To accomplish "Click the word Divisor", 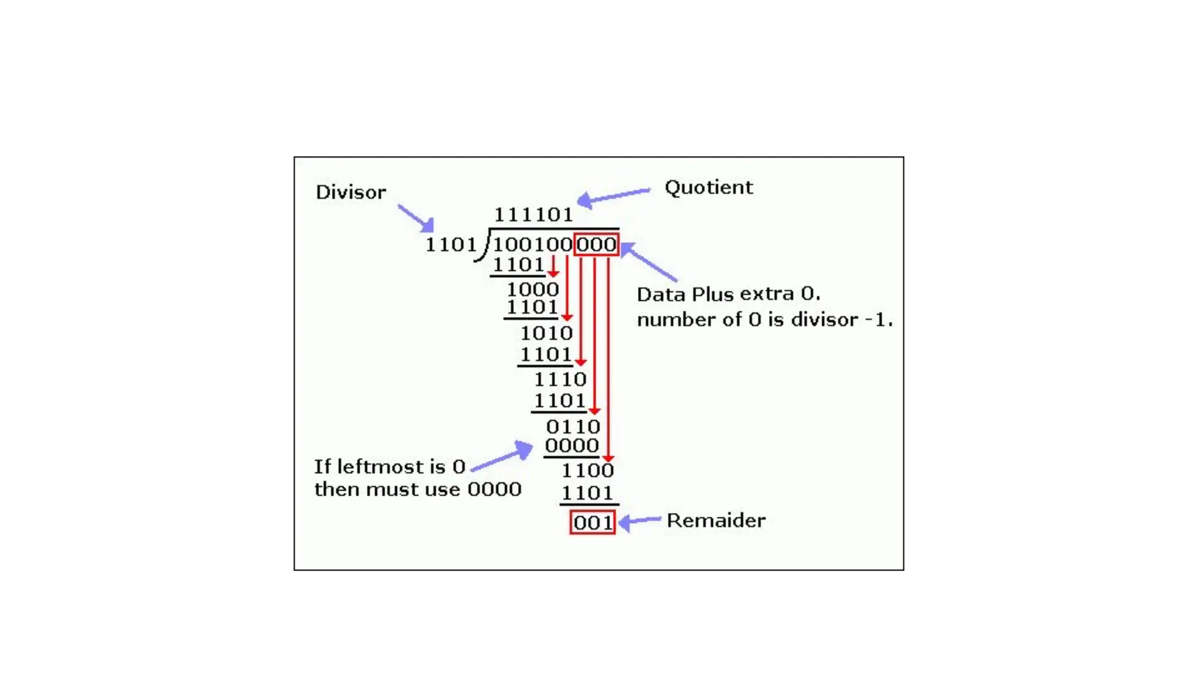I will (x=350, y=192).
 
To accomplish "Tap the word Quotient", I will (x=708, y=188).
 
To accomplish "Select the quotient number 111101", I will (x=533, y=215).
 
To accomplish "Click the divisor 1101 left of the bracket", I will (x=450, y=245).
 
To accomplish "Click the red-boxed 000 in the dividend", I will (x=596, y=245).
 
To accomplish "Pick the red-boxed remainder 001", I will (x=593, y=522).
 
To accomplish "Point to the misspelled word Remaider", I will (x=716, y=521).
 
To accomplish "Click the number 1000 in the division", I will (x=532, y=289).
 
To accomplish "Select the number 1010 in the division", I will (x=546, y=333).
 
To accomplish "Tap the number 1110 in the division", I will (x=560, y=380).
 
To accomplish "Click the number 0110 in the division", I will (x=573, y=427).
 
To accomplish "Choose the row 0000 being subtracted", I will (x=572, y=446).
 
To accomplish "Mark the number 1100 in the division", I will (x=587, y=470).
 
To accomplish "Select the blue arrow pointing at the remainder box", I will (x=639, y=521).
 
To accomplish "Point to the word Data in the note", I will (x=662, y=294).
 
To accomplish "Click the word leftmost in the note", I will (x=382, y=467).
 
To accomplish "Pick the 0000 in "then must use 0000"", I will (x=494, y=489).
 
